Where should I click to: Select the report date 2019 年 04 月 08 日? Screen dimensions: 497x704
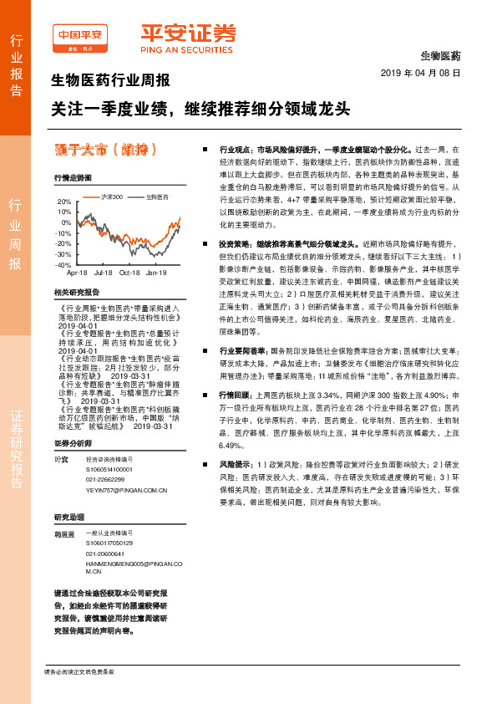click(426, 74)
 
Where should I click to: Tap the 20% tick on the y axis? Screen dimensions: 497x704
click(64, 202)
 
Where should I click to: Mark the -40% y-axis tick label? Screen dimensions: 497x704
click(63, 264)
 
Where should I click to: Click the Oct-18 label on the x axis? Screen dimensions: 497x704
click(129, 273)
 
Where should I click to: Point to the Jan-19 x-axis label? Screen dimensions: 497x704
click(157, 273)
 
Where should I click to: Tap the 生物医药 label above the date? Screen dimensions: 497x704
click(439, 55)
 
